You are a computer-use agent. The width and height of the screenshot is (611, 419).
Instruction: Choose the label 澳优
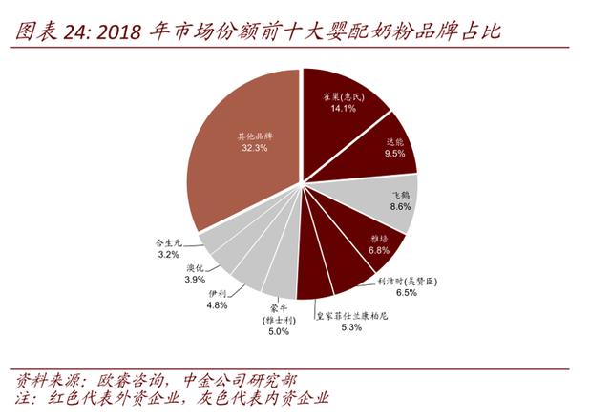(x=195, y=267)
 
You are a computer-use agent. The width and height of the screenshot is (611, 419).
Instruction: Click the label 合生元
(x=168, y=242)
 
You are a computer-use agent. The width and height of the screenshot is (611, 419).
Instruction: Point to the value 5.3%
(x=350, y=327)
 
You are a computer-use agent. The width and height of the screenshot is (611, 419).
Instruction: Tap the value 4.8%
(x=217, y=305)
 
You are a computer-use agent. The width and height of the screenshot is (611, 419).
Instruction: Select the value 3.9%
(x=195, y=280)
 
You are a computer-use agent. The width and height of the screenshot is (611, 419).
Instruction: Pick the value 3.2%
(x=168, y=255)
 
